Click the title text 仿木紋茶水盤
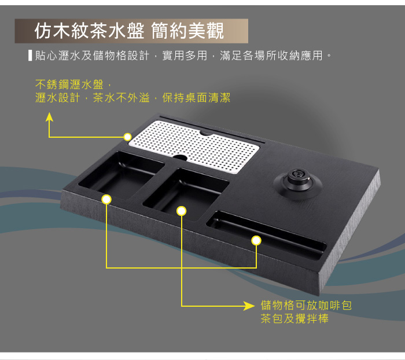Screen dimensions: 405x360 point(89,31)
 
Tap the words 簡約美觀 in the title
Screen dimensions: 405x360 point(187,31)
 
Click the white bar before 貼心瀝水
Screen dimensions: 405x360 point(30,56)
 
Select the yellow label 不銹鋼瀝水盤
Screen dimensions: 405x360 point(69,85)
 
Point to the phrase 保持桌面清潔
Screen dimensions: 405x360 point(196,98)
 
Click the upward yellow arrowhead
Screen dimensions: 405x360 point(49,117)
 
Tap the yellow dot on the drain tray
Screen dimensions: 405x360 point(127,137)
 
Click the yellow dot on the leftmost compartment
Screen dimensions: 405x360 point(106,200)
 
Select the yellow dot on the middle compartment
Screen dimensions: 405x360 point(182,211)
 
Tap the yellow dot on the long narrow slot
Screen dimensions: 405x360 point(256,241)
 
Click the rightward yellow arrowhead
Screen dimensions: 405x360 point(249,306)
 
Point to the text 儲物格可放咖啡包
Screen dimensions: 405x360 point(306,306)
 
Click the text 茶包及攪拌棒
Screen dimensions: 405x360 point(294,318)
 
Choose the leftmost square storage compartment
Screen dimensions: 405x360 point(122,174)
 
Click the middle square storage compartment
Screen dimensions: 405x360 point(186,194)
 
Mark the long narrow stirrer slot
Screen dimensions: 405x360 point(266,235)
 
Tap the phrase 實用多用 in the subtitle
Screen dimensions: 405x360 point(185,56)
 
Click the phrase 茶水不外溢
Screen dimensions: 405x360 point(122,98)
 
